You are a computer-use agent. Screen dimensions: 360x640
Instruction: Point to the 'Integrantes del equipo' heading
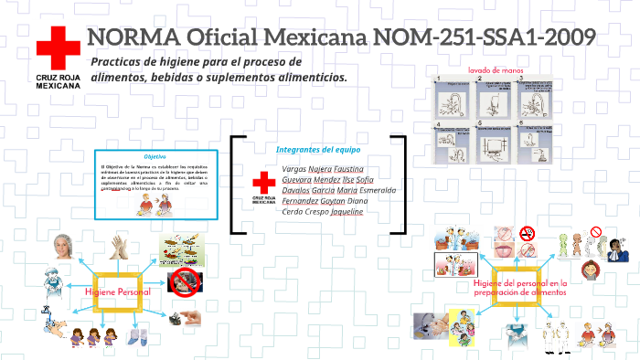point(317,150)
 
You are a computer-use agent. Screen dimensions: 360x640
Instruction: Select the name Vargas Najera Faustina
point(323,169)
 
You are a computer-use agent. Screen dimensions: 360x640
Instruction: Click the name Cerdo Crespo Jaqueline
point(323,211)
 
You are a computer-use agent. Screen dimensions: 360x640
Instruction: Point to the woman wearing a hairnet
point(62,247)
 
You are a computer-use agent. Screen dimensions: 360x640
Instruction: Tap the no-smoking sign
point(528,234)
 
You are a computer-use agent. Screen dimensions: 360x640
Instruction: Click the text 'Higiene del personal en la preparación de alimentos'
point(520,289)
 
